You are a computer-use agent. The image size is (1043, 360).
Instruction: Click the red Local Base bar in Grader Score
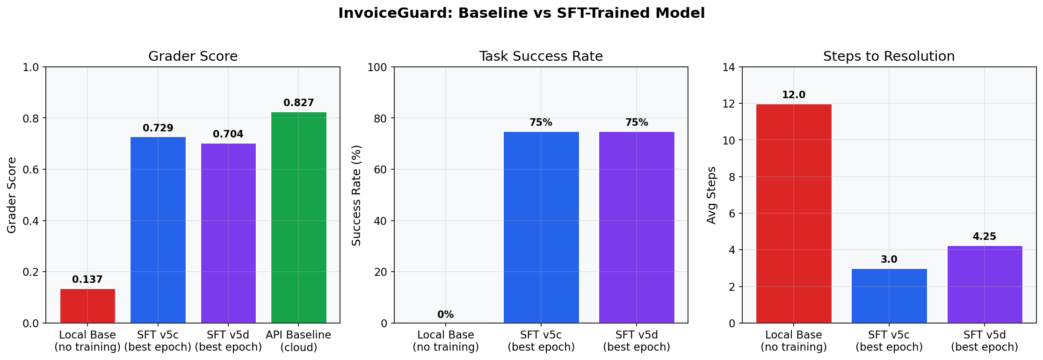[x=87, y=306]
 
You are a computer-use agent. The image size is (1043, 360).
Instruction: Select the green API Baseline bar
[x=298, y=217]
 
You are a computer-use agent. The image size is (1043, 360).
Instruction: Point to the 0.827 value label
[x=298, y=103]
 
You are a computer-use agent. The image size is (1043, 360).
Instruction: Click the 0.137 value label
[x=87, y=280]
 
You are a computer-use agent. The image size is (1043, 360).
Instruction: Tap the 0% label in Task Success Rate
[x=445, y=315]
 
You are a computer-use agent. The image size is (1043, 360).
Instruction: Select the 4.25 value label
[x=985, y=237]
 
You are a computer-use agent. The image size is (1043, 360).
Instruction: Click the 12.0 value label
[x=794, y=95]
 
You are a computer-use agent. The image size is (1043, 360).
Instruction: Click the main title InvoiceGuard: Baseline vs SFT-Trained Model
[x=521, y=13]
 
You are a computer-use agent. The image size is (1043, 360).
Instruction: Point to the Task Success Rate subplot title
[x=541, y=57]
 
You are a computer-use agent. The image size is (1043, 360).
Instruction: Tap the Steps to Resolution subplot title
[x=889, y=57]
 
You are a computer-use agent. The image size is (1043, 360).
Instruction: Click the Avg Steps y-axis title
[x=711, y=195]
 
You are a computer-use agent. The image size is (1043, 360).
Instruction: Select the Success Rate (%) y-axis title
[x=356, y=195]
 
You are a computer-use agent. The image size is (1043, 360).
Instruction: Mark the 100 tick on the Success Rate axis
[x=377, y=67]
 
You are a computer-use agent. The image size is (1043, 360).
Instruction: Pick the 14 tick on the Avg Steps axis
[x=729, y=67]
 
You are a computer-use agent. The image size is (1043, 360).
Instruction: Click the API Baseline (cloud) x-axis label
[x=298, y=341]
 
